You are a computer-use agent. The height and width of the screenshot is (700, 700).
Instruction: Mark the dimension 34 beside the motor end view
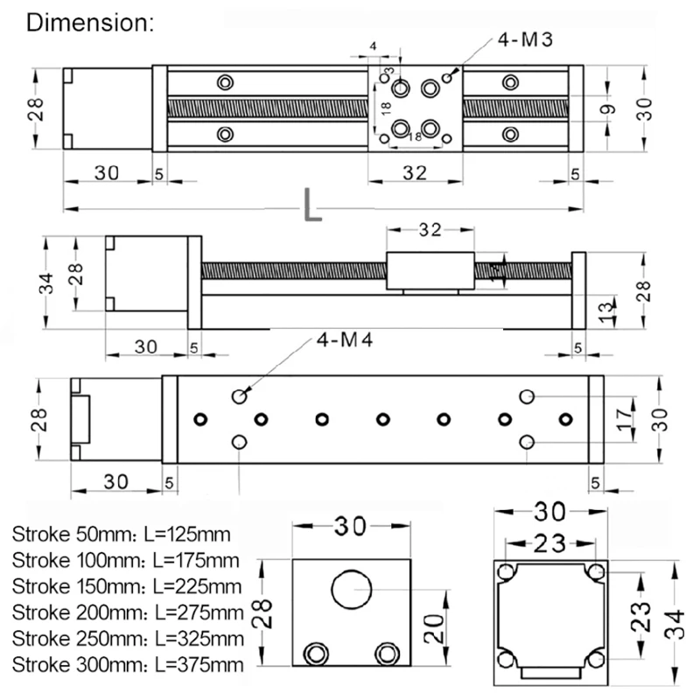click(x=673, y=625)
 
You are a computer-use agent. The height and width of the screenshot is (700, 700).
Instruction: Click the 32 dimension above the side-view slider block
click(x=430, y=230)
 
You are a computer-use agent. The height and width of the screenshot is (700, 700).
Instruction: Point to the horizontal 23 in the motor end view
click(x=549, y=543)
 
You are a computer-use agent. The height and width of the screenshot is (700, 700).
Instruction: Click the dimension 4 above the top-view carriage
click(x=374, y=45)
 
